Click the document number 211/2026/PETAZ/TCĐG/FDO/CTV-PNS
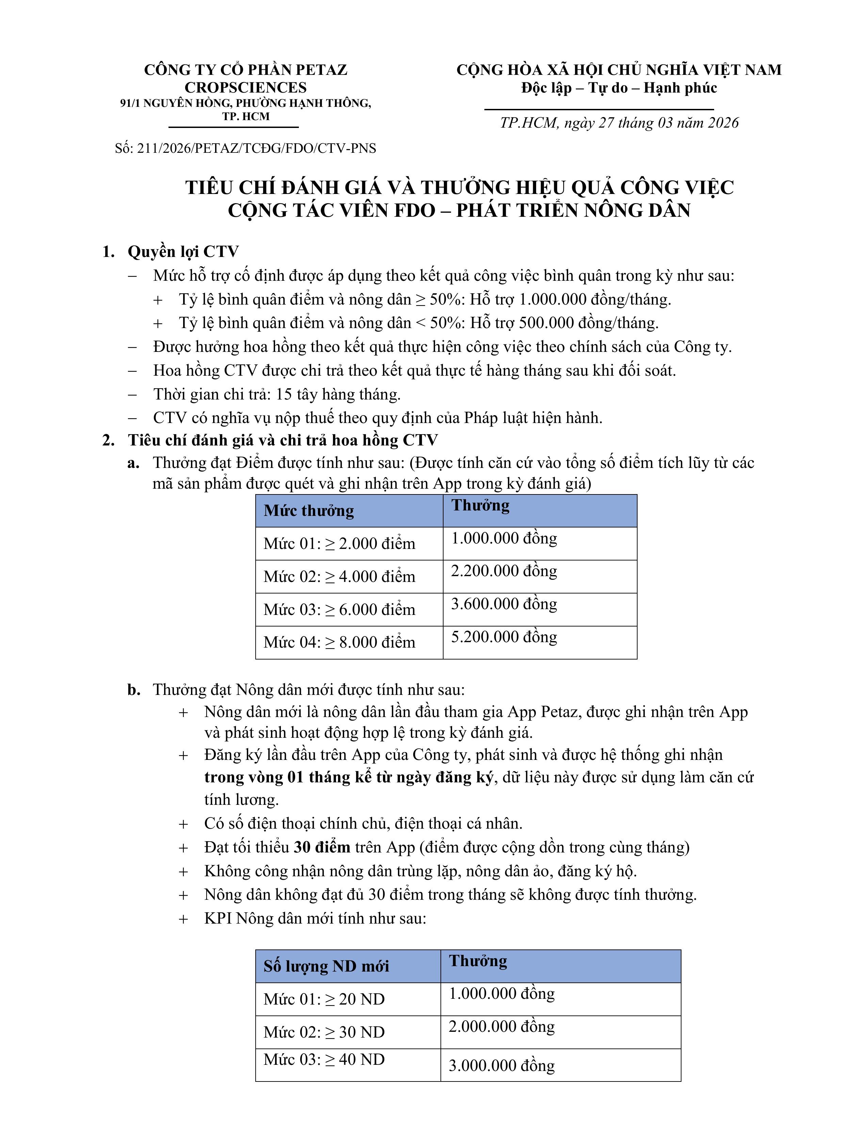tap(245, 149)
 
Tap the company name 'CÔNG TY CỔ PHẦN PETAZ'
tap(245, 70)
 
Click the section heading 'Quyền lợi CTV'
tap(183, 251)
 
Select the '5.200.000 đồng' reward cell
tap(504, 637)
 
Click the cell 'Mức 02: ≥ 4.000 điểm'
tap(339, 576)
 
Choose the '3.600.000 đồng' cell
tap(504, 604)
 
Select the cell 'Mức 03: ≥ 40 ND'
tap(324, 1059)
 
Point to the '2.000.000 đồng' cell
tap(501, 1026)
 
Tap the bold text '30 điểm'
tap(322, 847)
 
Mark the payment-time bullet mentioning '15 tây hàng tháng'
tap(277, 394)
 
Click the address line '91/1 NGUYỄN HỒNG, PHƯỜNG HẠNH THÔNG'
tap(245, 103)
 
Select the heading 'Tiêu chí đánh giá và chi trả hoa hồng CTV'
tap(283, 440)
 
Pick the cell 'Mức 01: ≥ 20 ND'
tap(324, 999)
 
